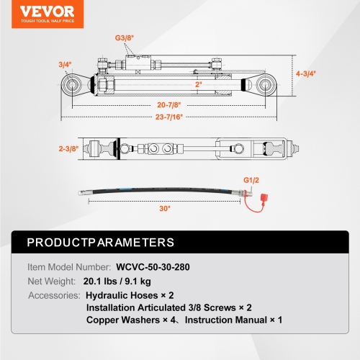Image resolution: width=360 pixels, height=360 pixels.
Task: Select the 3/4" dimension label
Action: click(x=66, y=64)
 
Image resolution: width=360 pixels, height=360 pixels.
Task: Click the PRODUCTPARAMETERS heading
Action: click(x=100, y=242)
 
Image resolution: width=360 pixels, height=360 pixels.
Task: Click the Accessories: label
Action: click(x=54, y=296)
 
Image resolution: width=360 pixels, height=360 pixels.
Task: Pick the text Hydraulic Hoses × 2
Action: click(x=130, y=296)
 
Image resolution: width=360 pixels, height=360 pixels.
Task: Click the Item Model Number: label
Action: click(x=68, y=266)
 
